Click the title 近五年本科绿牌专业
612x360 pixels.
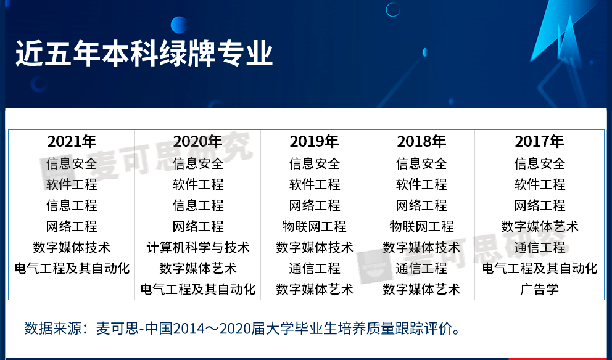pyautogui.click(x=144, y=54)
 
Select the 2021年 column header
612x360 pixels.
pyautogui.click(x=72, y=141)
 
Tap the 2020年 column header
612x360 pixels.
pyautogui.click(x=198, y=141)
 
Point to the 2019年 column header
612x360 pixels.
pyautogui.click(x=315, y=141)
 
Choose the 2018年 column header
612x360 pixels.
pyautogui.click(x=421, y=141)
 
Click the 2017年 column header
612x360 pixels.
pyautogui.click(x=540, y=141)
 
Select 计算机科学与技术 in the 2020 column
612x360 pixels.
pyautogui.click(x=198, y=247)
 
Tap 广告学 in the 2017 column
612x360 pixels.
pyautogui.click(x=540, y=289)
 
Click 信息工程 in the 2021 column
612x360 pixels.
pyautogui.click(x=72, y=205)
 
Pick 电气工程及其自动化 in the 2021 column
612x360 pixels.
pyautogui.click(x=72, y=268)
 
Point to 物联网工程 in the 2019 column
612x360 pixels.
pyautogui.click(x=315, y=226)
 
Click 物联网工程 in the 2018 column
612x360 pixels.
pyautogui.click(x=421, y=226)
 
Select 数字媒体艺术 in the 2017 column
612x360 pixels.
pyautogui.click(x=540, y=226)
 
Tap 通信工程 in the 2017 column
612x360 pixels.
pyautogui.click(x=540, y=247)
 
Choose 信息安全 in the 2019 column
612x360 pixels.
pyautogui.click(x=315, y=163)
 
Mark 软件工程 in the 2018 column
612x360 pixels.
pyautogui.click(x=421, y=184)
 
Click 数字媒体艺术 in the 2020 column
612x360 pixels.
pyautogui.click(x=198, y=268)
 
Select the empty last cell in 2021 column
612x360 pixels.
pyautogui.click(x=72, y=289)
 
